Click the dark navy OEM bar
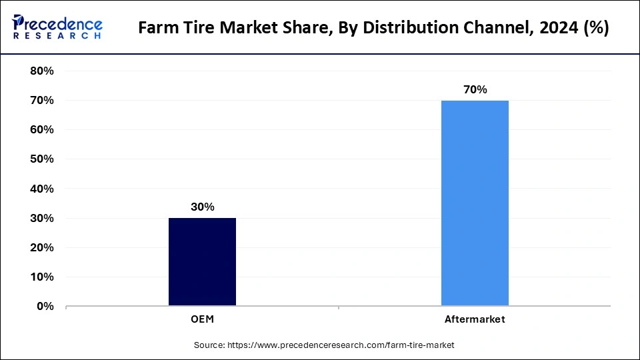click(202, 261)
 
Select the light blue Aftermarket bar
click(475, 203)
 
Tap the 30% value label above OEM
click(202, 207)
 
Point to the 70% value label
click(475, 89)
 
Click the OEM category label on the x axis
click(202, 319)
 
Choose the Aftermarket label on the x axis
click(475, 319)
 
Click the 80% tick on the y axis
click(42, 71)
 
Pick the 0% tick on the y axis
click(45, 306)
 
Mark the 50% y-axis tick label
click(42, 159)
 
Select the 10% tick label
click(42, 277)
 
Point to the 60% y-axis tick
click(42, 129)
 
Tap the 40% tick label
click(42, 189)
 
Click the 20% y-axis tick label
click(42, 247)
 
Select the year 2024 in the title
click(554, 29)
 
